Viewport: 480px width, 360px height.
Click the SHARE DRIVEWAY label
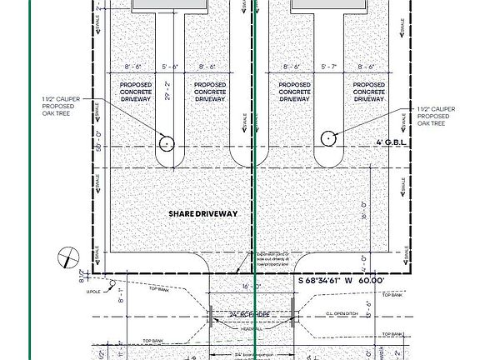(x=203, y=213)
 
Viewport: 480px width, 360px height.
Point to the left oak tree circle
(x=167, y=143)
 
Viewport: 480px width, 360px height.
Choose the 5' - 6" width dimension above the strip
(x=170, y=66)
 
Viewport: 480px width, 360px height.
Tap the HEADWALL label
(x=252, y=327)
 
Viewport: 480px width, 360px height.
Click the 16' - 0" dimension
(x=252, y=286)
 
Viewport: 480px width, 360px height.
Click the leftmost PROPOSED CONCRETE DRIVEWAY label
(x=136, y=92)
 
